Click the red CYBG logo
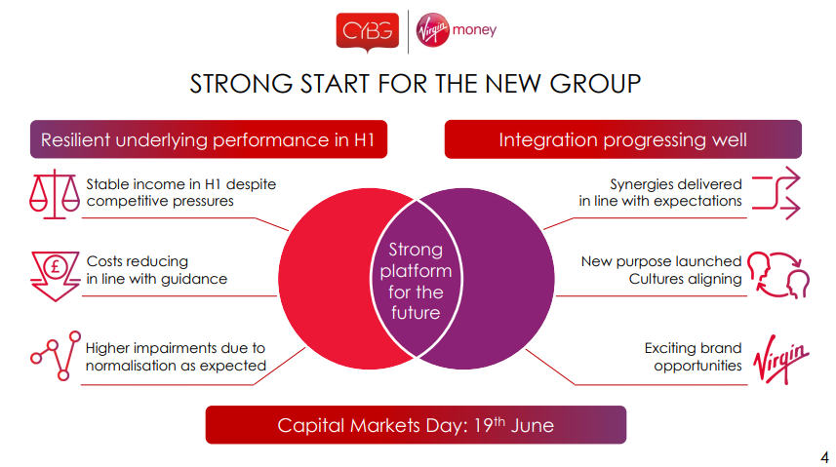click(x=368, y=31)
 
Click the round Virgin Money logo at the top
click(x=432, y=30)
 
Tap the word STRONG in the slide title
click(x=241, y=84)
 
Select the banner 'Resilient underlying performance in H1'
click(x=209, y=139)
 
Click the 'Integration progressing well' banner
click(x=622, y=139)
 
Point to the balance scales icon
click(x=55, y=194)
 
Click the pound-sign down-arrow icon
click(x=55, y=276)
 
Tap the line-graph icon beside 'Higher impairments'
click(x=56, y=355)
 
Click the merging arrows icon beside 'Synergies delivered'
click(x=776, y=193)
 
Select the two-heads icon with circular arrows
click(x=778, y=275)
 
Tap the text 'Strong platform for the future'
click(x=416, y=281)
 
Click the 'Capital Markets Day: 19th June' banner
click(x=416, y=425)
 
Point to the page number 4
click(x=824, y=457)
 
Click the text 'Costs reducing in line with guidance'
click(x=157, y=270)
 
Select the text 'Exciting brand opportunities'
click(x=693, y=357)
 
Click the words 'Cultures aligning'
click(x=685, y=279)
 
